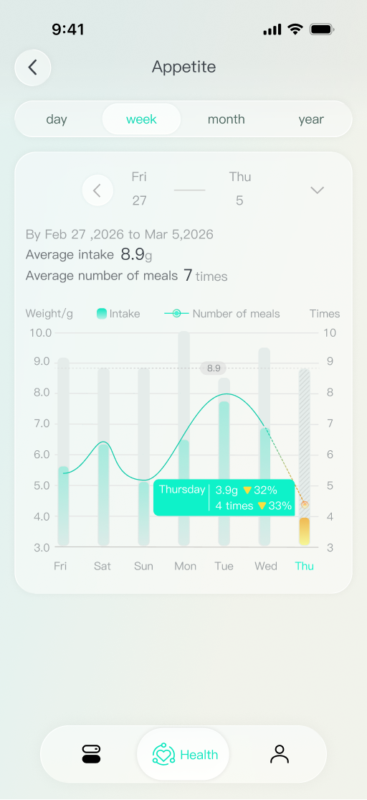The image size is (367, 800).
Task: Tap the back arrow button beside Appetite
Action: [x=32, y=68]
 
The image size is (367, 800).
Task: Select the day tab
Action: [x=57, y=119]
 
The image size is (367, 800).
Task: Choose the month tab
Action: [x=226, y=119]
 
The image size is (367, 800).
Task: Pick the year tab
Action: [x=311, y=119]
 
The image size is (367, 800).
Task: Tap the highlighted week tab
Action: [x=141, y=119]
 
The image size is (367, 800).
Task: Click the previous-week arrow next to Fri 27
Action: [x=97, y=190]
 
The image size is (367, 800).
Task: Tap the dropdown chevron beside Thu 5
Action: [x=317, y=190]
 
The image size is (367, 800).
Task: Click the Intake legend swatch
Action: [x=102, y=313]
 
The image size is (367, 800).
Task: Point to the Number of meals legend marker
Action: [x=176, y=313]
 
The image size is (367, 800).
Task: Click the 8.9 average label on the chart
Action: [x=214, y=368]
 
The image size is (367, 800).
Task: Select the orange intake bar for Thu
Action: [x=305, y=531]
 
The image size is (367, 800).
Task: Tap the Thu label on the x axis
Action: [x=305, y=566]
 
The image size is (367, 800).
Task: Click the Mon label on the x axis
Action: [x=185, y=566]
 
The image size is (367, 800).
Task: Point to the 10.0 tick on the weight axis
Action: [x=40, y=332]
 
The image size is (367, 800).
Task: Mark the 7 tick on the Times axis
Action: [x=330, y=424]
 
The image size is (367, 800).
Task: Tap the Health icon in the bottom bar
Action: [x=164, y=754]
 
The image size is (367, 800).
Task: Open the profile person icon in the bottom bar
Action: [x=279, y=754]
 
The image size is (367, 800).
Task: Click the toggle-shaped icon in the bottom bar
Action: [x=91, y=754]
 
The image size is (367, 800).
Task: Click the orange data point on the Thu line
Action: [x=305, y=504]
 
